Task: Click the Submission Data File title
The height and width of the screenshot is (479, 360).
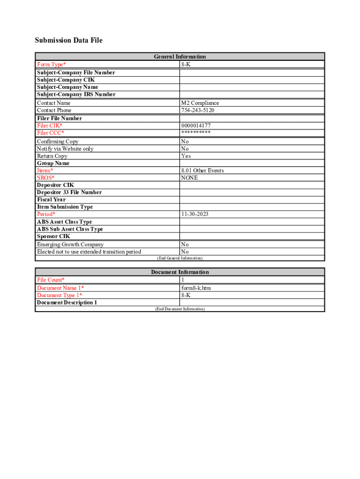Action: (x=69, y=40)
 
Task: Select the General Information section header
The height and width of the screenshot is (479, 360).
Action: (x=180, y=57)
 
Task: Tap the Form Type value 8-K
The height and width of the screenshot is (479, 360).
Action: (x=186, y=64)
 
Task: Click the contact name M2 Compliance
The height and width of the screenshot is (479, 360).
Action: (x=200, y=103)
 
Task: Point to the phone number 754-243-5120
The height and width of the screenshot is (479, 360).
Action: (x=198, y=110)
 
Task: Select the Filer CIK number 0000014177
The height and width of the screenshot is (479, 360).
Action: (x=195, y=126)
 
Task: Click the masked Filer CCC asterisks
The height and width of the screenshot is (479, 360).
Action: (x=195, y=133)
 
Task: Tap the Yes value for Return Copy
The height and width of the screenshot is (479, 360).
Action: (x=186, y=156)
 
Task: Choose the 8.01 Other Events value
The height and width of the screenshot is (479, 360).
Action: (x=202, y=171)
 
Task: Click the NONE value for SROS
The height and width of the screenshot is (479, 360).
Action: (x=189, y=178)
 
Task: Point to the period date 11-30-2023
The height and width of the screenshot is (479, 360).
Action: (x=194, y=214)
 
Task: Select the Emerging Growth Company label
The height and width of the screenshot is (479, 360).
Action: (x=70, y=245)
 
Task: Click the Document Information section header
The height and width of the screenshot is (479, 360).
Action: (x=180, y=272)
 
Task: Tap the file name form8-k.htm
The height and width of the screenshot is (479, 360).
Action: (x=196, y=288)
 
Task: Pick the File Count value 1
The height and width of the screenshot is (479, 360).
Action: (x=183, y=280)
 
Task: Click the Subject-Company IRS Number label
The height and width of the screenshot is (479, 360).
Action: (x=76, y=94)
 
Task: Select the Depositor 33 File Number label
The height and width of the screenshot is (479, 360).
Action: (x=69, y=192)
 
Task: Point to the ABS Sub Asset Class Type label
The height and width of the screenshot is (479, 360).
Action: (x=70, y=229)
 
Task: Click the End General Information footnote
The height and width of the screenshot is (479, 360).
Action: (x=180, y=258)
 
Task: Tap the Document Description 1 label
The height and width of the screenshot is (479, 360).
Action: (x=67, y=303)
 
